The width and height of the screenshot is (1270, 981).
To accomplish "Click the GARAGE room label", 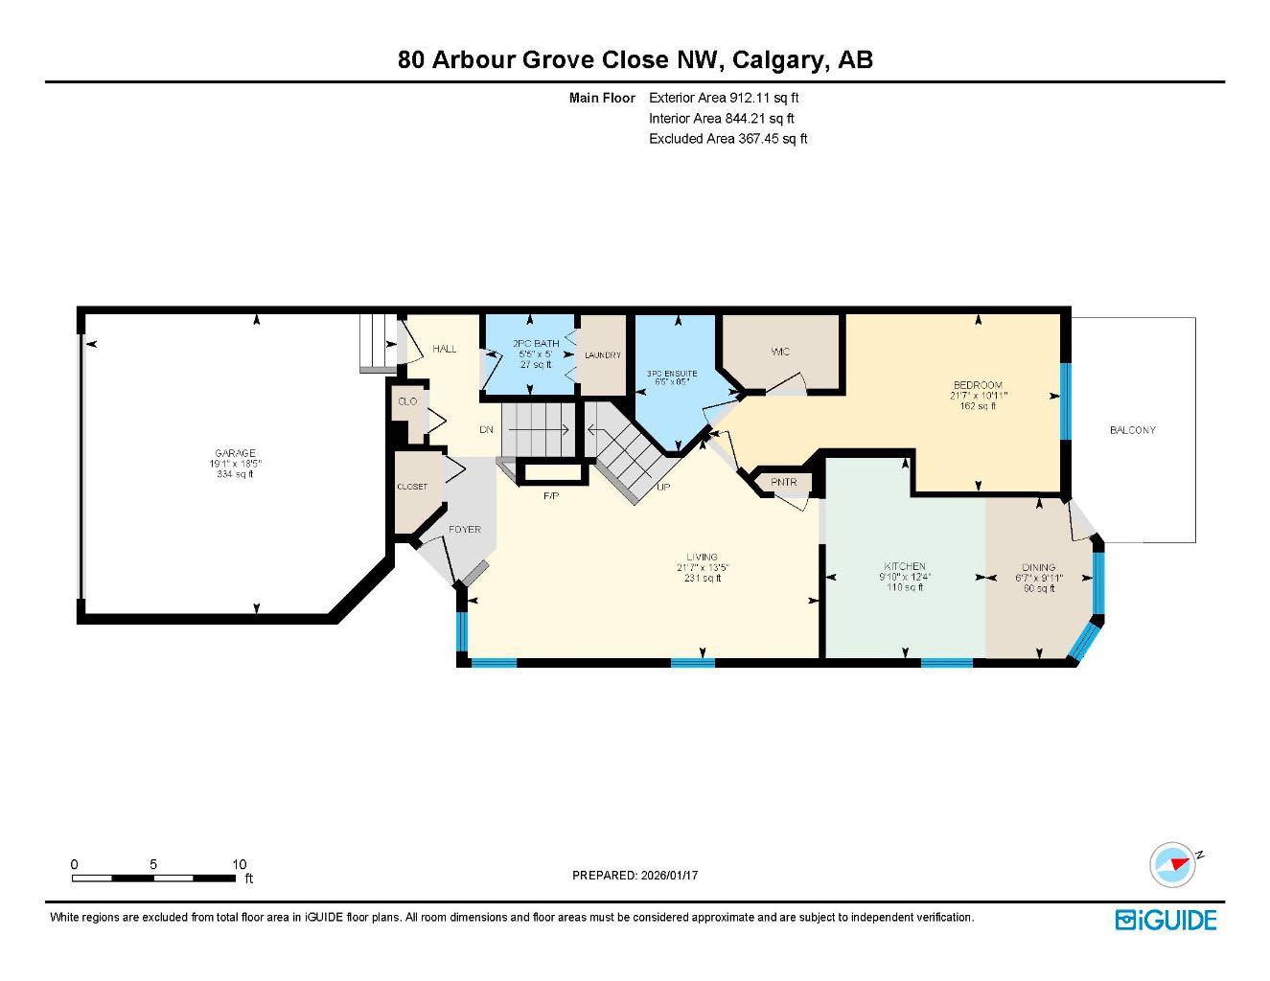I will click(235, 453).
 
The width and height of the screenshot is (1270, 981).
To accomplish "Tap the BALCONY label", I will click(1132, 430).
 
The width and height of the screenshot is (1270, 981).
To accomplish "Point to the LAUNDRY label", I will click(603, 355).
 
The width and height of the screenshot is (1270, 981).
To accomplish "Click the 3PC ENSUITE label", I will click(671, 373).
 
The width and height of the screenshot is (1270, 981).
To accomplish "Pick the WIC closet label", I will click(780, 352).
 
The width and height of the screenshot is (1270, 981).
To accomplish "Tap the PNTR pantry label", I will click(783, 482).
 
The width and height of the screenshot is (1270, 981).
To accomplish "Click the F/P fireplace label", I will click(551, 495).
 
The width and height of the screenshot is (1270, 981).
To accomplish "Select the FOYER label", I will click(465, 529).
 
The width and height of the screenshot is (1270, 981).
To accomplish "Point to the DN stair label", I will click(486, 429).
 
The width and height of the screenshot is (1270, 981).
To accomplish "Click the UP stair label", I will click(662, 487).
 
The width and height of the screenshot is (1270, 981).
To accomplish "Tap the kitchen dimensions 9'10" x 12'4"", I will click(905, 577).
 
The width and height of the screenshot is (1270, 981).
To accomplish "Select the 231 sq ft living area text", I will click(702, 578).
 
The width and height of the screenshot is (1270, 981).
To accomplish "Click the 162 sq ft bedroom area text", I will click(978, 405).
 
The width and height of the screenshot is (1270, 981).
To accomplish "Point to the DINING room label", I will click(1038, 567).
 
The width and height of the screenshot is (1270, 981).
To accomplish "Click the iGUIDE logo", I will click(1166, 920).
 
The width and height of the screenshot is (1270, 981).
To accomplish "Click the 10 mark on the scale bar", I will click(239, 864).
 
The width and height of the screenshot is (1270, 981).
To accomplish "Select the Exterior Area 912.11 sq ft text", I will click(724, 98).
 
